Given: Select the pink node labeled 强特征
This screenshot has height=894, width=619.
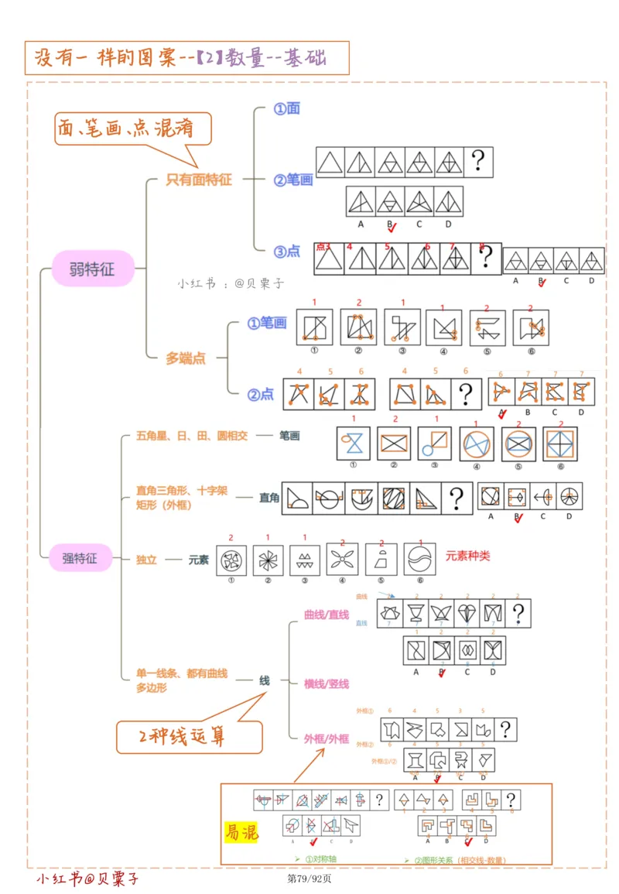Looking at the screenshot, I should click(x=80, y=557).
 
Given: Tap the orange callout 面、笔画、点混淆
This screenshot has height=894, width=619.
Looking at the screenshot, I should click(x=132, y=130).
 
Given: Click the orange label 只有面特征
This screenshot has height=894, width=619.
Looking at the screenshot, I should click(x=199, y=180).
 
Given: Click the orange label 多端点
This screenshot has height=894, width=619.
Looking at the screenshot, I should click(x=186, y=358).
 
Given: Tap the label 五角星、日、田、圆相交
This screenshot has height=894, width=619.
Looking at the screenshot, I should click(x=191, y=436).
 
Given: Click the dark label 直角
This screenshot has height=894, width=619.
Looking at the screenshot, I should click(x=269, y=498).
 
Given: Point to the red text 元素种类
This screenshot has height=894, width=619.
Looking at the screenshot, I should click(x=467, y=556).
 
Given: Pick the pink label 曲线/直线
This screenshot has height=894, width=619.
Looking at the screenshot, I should click(x=326, y=615).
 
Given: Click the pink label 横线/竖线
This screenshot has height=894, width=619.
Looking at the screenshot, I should click(x=327, y=683).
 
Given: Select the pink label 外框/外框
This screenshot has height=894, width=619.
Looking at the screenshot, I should click(x=327, y=738).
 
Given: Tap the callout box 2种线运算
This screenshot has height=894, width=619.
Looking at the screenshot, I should click(x=189, y=737).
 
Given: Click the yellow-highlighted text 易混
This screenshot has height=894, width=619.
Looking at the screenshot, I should click(x=241, y=832).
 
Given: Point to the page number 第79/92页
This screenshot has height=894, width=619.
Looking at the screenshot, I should click(x=309, y=878).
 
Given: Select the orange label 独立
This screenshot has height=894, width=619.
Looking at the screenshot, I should click(x=146, y=560).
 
